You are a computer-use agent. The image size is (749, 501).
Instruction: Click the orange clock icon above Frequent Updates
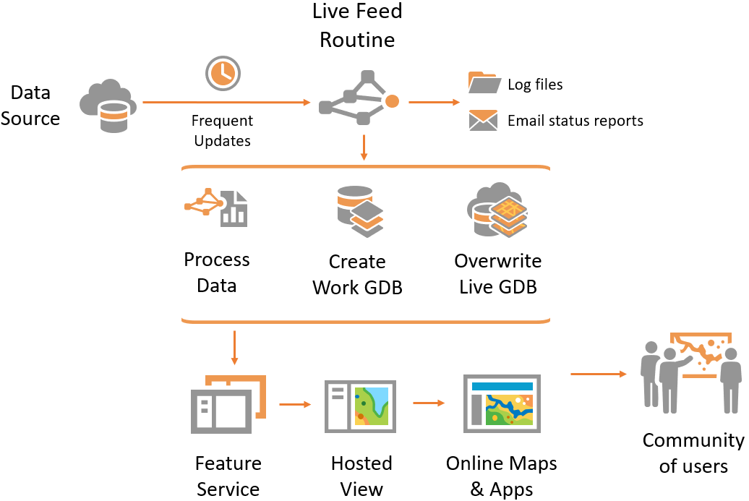click(x=223, y=72)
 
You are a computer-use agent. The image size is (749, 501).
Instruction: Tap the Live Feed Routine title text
click(x=357, y=25)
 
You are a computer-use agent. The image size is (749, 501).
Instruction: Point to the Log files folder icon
click(x=484, y=84)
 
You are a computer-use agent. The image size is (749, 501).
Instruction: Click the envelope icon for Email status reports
click(x=483, y=120)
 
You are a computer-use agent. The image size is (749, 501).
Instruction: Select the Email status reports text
click(x=575, y=121)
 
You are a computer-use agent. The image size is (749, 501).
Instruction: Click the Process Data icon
click(x=215, y=207)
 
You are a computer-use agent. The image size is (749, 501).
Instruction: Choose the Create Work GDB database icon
click(x=359, y=210)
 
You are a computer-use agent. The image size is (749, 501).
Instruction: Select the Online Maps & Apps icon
click(x=501, y=404)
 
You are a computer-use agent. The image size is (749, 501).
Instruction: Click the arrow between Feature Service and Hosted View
click(x=294, y=405)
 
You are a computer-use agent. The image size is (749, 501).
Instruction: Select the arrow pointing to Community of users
click(x=598, y=374)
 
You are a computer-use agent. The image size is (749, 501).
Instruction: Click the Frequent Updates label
click(x=223, y=131)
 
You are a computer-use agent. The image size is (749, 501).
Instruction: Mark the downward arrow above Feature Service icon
click(x=234, y=348)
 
